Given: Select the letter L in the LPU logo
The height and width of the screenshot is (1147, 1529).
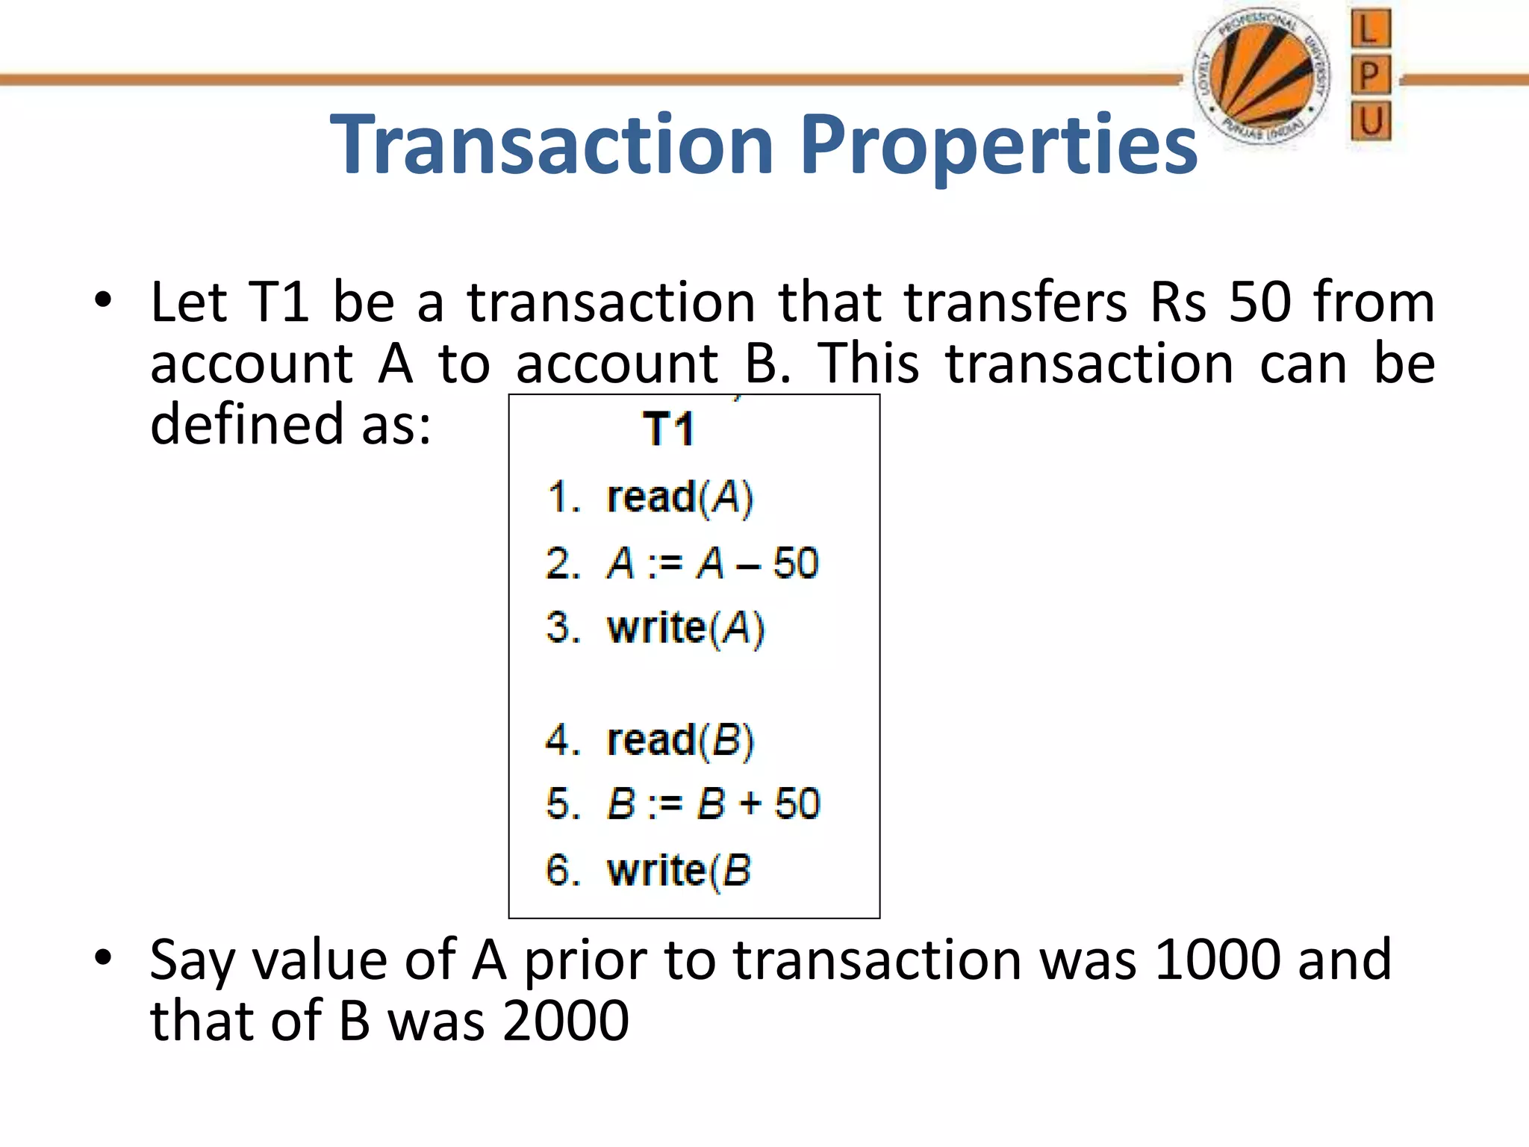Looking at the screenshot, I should (1370, 30).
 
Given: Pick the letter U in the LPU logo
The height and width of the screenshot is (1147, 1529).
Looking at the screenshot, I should (1371, 121).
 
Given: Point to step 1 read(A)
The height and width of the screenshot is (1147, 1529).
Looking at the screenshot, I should (650, 497).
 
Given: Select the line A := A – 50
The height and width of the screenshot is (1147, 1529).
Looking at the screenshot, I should (682, 563).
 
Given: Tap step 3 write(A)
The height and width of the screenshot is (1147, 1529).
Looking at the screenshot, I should (655, 628).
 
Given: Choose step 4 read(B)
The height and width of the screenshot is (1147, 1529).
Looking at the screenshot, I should (650, 740).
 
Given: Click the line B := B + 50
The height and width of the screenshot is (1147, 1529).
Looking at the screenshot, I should (683, 804).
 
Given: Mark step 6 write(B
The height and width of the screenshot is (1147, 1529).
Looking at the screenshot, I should (648, 871).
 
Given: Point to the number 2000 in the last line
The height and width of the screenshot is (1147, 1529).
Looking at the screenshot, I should (565, 1021).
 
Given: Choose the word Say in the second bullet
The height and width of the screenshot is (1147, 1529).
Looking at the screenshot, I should (191, 962).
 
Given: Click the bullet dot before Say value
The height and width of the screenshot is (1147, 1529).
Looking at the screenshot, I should (103, 957).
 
